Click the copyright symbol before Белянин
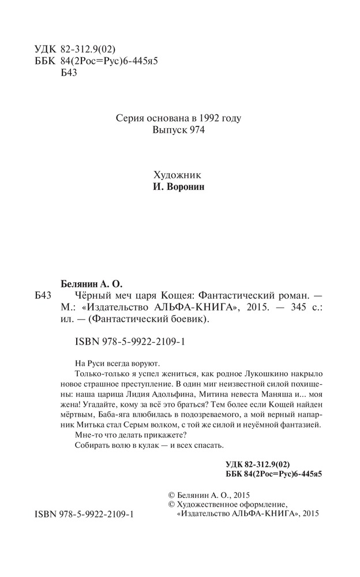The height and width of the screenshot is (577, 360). [x=171, y=494]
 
